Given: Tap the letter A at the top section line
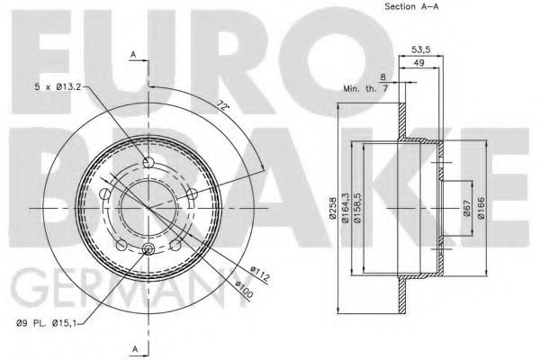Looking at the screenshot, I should click(132, 55).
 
